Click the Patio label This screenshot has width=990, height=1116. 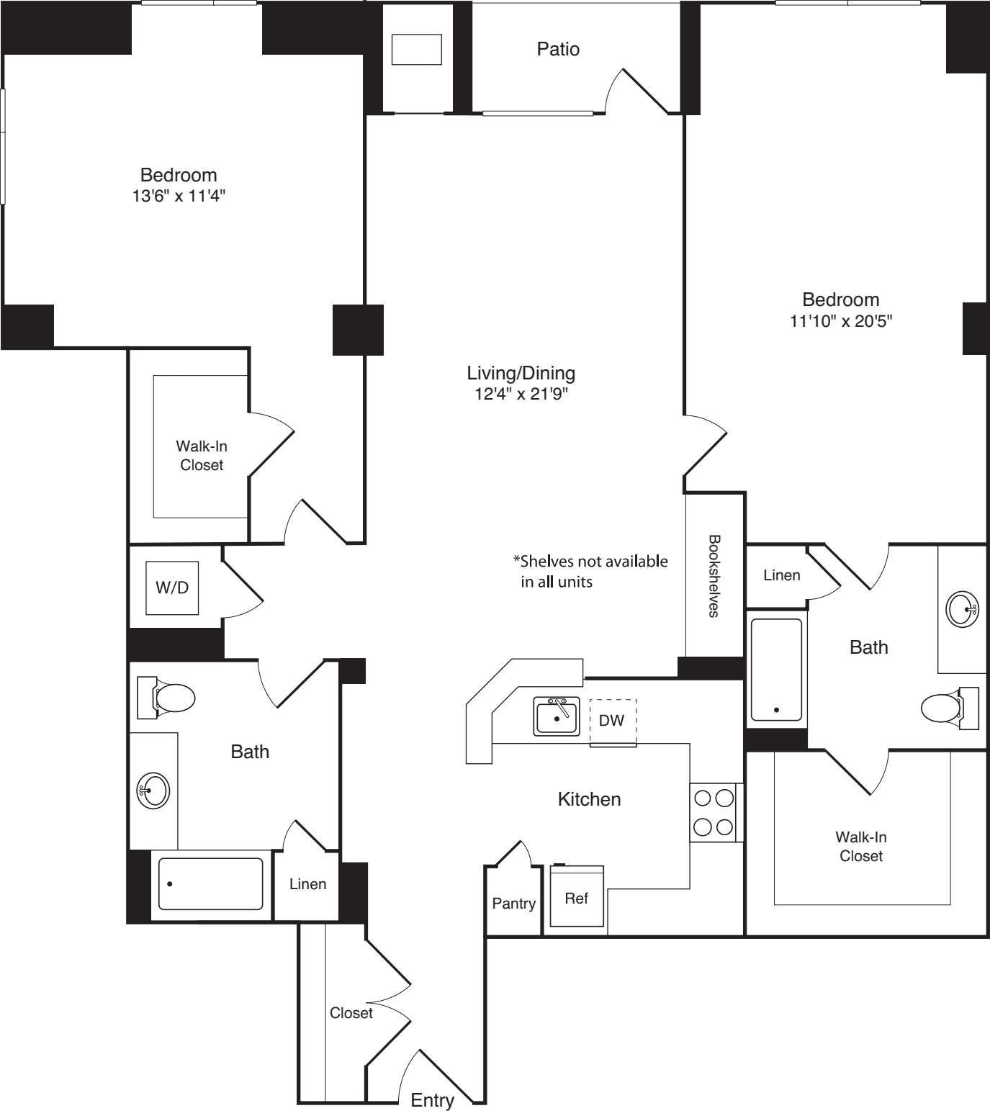[558, 49]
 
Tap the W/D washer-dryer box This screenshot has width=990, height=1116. [172, 588]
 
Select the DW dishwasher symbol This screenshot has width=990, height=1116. [612, 721]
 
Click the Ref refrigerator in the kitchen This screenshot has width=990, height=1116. [576, 897]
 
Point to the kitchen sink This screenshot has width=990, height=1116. [556, 716]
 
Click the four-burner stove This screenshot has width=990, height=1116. [713, 812]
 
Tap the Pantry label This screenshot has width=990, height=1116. [513, 904]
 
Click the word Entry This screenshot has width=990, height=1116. [432, 1100]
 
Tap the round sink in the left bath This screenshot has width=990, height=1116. [153, 791]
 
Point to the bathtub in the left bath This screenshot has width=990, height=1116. [210, 883]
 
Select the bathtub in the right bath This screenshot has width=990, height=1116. [776, 670]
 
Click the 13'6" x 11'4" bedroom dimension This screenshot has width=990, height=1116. [179, 196]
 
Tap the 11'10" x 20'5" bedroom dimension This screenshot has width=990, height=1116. [840, 321]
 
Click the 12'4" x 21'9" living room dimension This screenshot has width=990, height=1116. [521, 393]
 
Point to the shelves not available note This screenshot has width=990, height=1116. [590, 571]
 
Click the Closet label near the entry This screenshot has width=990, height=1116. [351, 1013]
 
